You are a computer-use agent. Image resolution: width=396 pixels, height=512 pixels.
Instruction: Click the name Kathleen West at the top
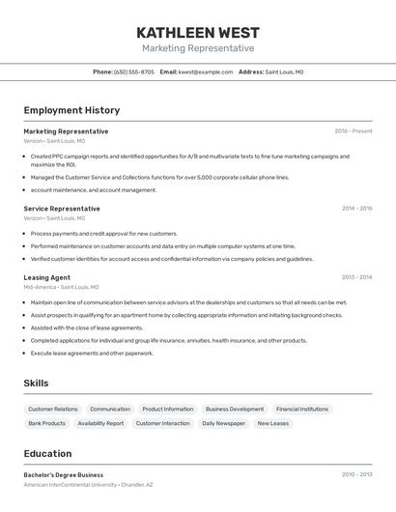pos(198,32)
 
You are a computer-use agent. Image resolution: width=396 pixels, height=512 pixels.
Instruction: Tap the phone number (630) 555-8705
pos(133,71)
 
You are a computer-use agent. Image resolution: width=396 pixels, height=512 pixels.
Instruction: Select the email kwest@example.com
pos(206,71)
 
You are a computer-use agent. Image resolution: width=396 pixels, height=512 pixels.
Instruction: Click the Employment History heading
pos(71,110)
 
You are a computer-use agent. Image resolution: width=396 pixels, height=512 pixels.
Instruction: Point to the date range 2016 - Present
pos(354,131)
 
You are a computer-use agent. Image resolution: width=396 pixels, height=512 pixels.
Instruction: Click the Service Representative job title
pos(62,209)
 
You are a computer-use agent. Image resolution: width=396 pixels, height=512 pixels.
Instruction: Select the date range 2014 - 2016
pos(356,209)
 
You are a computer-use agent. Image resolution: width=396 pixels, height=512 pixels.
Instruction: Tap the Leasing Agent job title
pos(47,277)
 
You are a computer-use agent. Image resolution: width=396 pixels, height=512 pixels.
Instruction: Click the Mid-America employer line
pos(61,287)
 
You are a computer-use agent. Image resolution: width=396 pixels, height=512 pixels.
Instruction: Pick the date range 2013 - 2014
pos(356,277)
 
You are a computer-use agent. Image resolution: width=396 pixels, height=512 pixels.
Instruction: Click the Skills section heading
pos(36,384)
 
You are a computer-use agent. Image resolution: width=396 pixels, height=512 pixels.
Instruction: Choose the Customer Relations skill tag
pos(53,409)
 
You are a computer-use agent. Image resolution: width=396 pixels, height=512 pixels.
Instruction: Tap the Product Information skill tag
pos(168,409)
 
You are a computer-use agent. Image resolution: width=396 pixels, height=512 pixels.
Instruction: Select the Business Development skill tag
pos(235,409)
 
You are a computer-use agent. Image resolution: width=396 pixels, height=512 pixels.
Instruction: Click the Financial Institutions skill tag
pos(302,409)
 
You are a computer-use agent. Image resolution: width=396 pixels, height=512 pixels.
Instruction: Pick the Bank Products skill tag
pos(47,423)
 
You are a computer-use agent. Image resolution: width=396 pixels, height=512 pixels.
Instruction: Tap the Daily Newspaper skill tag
pos(223,423)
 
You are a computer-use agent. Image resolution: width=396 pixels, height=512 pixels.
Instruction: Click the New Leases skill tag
pos(272,423)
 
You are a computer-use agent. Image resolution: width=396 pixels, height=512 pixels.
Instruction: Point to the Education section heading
pos(47,454)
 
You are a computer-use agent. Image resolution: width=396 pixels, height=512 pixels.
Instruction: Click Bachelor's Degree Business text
pos(64,475)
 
